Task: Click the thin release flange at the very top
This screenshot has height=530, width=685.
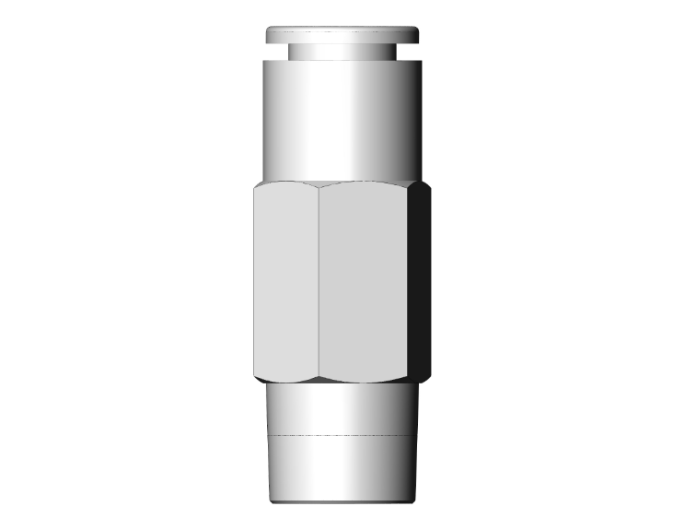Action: tap(342, 35)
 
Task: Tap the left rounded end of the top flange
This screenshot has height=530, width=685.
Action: tap(268, 35)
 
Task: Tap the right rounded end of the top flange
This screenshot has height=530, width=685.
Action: tap(416, 35)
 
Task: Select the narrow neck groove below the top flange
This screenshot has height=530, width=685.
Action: tap(342, 52)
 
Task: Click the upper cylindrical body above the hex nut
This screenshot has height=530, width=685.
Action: tap(342, 120)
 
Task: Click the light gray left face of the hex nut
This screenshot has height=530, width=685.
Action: tap(285, 281)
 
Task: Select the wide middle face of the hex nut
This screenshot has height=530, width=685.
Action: tap(364, 281)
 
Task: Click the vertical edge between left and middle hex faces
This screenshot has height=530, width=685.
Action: tap(318, 281)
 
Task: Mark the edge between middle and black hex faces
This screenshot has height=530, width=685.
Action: tap(411, 281)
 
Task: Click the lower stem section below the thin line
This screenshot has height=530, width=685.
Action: tap(342, 465)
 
